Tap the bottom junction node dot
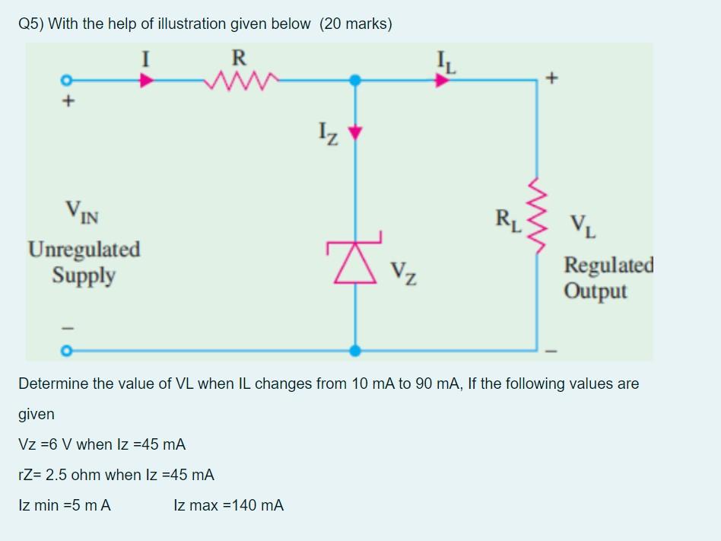tap(354, 351)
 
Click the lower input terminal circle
tap(67, 351)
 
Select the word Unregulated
tap(84, 250)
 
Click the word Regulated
tap(608, 266)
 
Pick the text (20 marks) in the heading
tap(356, 24)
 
